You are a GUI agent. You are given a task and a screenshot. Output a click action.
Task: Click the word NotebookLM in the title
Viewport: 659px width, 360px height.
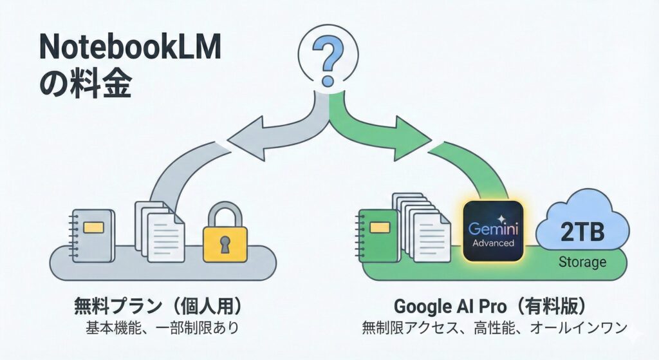pos(129,48)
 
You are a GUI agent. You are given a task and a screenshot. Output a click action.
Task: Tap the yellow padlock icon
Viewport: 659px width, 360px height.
pos(225,238)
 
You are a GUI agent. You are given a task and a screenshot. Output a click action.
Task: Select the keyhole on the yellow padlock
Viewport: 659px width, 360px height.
pos(225,243)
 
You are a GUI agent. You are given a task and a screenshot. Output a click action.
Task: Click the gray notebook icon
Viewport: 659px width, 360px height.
pos(93,235)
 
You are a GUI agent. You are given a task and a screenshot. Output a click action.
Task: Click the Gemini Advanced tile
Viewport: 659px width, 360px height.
pos(492,232)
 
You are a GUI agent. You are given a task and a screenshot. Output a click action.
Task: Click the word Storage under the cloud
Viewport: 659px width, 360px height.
pos(582,262)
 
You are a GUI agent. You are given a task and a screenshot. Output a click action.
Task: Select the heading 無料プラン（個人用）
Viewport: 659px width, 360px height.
pos(161,304)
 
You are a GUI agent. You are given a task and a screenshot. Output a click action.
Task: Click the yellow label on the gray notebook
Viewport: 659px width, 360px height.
pos(94,227)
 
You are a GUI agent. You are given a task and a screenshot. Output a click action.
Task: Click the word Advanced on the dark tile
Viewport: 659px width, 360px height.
pos(492,243)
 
